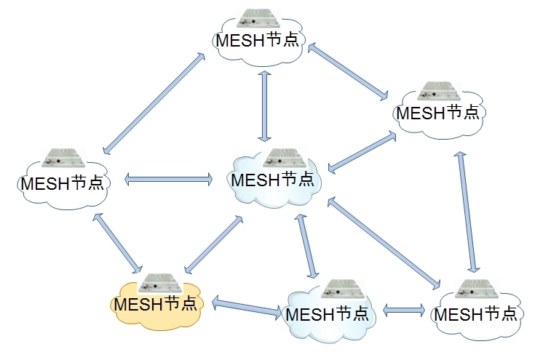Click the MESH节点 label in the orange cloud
click(x=156, y=303)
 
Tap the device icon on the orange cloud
click(x=159, y=283)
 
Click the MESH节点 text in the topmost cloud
click(x=258, y=40)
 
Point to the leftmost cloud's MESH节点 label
click(x=63, y=182)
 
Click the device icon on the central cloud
click(x=277, y=159)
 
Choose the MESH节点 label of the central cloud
click(x=273, y=179)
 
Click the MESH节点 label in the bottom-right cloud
click(x=475, y=314)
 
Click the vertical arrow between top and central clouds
click(x=264, y=105)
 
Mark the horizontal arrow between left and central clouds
click(x=168, y=179)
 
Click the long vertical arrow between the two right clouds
click(x=466, y=212)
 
